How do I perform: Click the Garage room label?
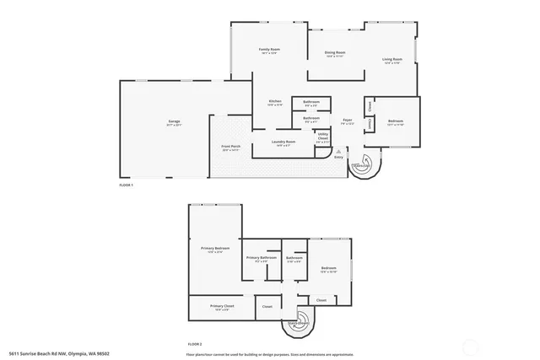coord(174,123)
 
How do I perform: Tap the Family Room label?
coord(269,51)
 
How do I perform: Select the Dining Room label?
coord(334,54)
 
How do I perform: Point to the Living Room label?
coord(391,60)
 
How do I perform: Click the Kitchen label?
coord(275,102)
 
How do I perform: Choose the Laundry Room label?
coord(283,142)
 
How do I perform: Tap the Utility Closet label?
coord(323,137)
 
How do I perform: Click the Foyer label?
coord(347,121)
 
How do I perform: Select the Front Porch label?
coord(231,148)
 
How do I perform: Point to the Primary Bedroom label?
coord(215,249)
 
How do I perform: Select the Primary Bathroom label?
coord(262,258)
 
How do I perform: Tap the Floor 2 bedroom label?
coord(329,270)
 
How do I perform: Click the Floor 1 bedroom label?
coord(396,122)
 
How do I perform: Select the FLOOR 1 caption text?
coord(127,184)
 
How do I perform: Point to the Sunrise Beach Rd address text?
coord(59,354)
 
